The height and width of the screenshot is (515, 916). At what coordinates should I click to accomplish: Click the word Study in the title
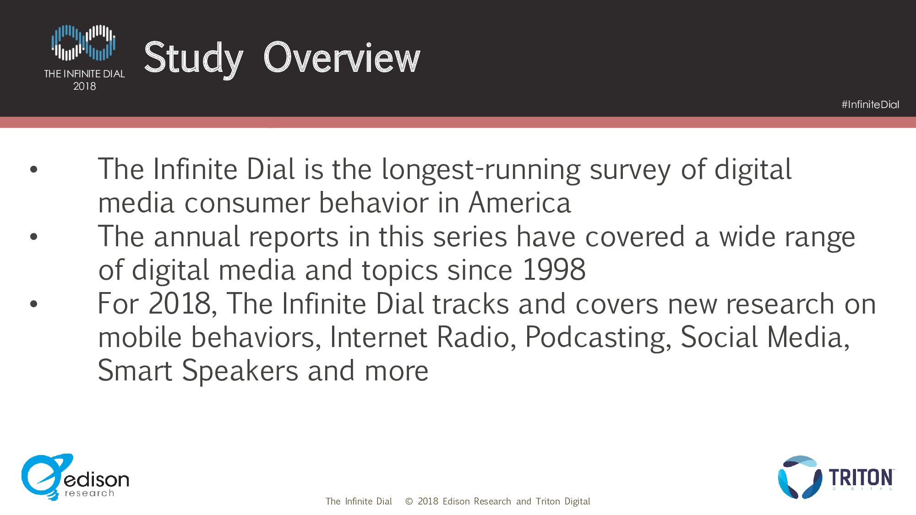coord(193,58)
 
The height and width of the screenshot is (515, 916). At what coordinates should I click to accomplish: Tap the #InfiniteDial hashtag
coord(870,105)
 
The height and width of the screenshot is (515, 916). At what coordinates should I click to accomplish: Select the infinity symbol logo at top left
coord(83,43)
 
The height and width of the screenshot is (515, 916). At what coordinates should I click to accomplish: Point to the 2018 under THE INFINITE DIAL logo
coord(85,86)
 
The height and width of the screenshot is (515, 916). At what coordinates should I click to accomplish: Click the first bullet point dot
coord(33,170)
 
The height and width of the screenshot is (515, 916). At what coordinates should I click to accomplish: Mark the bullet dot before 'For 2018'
coord(33,304)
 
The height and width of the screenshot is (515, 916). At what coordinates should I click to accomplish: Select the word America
coord(520,203)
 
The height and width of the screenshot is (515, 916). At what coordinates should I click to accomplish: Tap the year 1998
coord(554,270)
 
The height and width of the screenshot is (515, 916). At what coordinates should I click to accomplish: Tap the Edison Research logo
coord(75,477)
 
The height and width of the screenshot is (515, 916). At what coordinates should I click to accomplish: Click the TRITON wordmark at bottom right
coord(861,477)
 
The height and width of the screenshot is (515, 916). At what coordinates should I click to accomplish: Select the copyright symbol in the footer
coord(409,502)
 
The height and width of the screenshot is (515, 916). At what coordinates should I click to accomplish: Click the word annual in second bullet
coord(197,237)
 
